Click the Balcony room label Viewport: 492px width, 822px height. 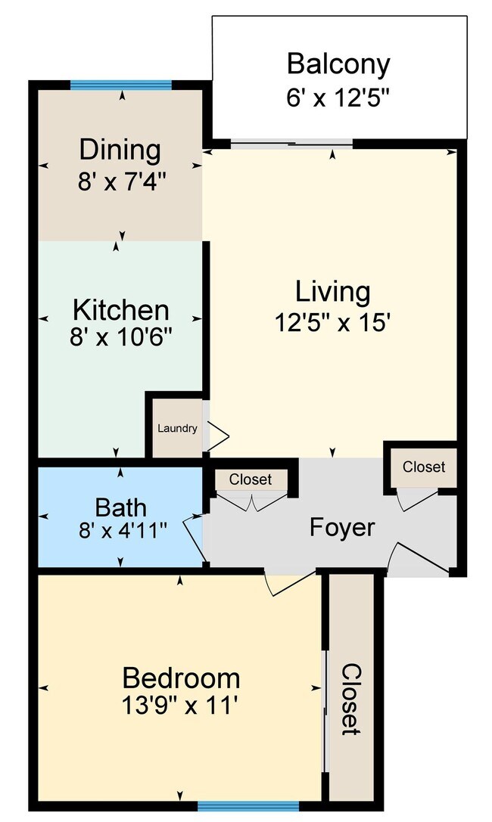coord(338,64)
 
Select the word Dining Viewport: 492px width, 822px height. coord(120,150)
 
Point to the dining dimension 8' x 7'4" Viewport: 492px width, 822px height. coord(120,181)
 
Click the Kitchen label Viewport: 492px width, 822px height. coord(120,309)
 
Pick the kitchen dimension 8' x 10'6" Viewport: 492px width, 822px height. coord(120,337)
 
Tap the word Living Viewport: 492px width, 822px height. coord(332,291)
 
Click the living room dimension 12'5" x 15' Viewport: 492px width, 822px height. coord(332,323)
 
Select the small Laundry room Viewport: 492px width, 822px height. coord(177,429)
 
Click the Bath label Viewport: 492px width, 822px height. coord(120,506)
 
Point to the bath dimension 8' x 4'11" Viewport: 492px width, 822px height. coord(120,531)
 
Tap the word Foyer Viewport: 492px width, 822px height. coord(342,527)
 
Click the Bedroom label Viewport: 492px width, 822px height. coord(181,677)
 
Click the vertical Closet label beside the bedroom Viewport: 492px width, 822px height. coord(350,699)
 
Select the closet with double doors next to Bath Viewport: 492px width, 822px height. coord(251,479)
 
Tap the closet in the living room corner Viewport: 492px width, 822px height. coord(424,467)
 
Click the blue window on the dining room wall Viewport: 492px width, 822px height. coord(121,85)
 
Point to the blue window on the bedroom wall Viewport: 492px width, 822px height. coord(233,806)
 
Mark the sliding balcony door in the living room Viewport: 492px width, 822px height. coord(291,143)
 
